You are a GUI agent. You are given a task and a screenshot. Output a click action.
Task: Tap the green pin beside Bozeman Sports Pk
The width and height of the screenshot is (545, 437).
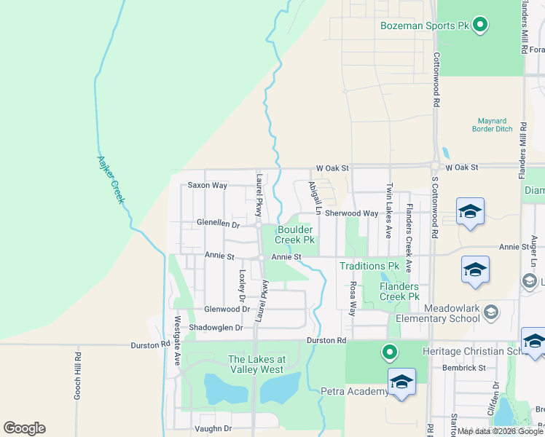click(x=479, y=26)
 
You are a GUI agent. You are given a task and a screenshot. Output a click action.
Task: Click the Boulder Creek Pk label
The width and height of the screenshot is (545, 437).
click(x=294, y=235)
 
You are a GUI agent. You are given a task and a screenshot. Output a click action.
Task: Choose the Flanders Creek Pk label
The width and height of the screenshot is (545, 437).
click(x=399, y=291)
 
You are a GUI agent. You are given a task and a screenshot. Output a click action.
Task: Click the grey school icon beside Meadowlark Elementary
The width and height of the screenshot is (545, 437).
click(x=491, y=312)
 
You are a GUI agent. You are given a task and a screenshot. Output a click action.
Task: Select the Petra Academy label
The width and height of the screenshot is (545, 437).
click(x=355, y=392)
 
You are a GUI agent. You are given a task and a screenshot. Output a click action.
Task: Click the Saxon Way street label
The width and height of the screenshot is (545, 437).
click(x=208, y=185)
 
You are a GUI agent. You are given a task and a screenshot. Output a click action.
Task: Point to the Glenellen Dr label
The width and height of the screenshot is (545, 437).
click(x=218, y=224)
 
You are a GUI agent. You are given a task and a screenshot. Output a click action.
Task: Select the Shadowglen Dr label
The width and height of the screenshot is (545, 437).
click(x=216, y=328)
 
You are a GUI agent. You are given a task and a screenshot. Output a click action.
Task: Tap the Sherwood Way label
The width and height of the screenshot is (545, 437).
click(x=352, y=213)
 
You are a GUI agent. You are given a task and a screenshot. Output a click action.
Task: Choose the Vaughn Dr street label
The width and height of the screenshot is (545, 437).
click(x=212, y=429)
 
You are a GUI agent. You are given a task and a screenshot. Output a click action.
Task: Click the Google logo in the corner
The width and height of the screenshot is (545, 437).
click(x=24, y=428)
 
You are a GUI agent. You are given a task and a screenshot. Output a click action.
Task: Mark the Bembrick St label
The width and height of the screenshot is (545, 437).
click(x=464, y=369)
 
